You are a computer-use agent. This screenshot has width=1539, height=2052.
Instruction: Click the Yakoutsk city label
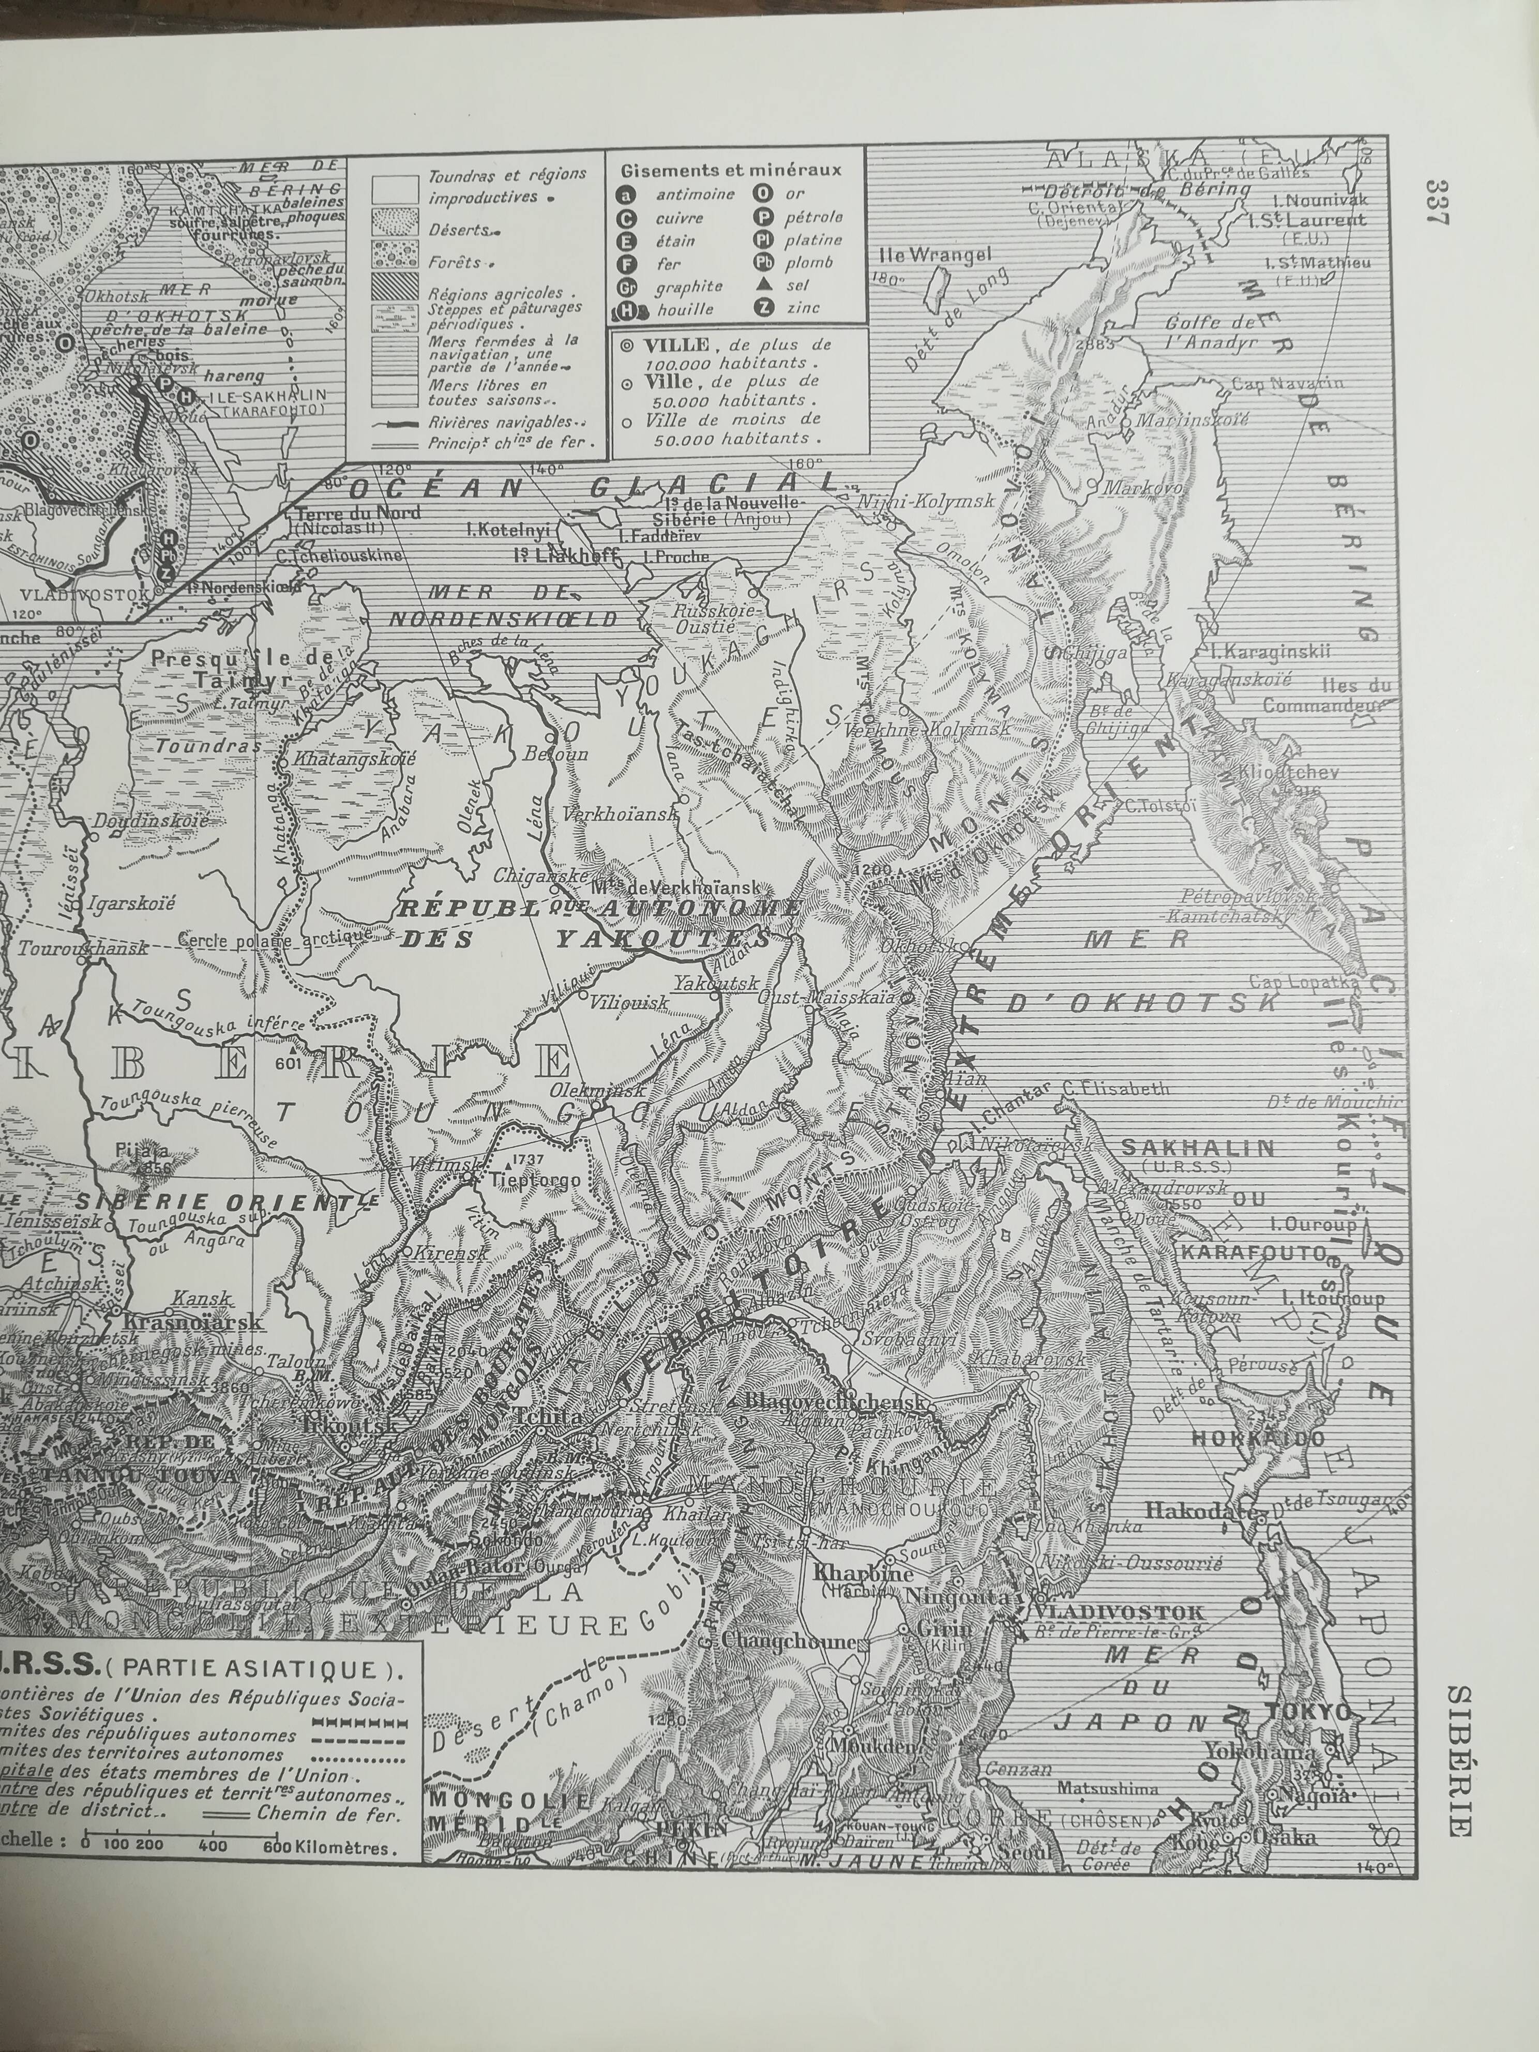coord(716,983)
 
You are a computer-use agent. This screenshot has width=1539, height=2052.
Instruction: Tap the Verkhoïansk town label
coord(618,813)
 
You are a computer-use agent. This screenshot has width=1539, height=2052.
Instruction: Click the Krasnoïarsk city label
coord(193,1321)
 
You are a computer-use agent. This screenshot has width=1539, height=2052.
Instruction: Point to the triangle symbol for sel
coord(763,286)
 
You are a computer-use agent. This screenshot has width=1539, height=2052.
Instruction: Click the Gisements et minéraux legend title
coord(731,170)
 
